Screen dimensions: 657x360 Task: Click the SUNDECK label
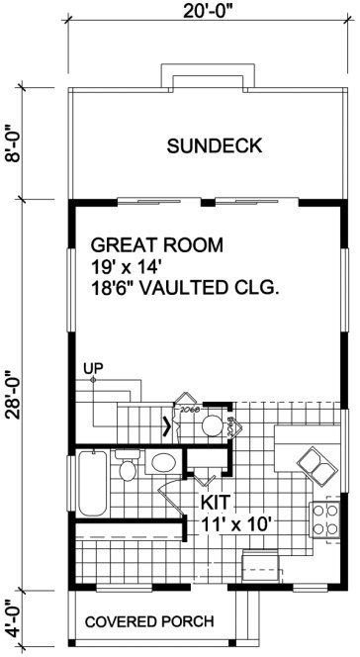[x=214, y=146]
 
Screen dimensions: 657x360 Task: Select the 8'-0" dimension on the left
[x=13, y=144]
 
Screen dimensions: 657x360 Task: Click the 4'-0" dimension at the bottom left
[x=13, y=616]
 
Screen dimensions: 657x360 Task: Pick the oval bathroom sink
[x=162, y=464]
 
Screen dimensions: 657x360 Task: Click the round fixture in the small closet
[x=210, y=426]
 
